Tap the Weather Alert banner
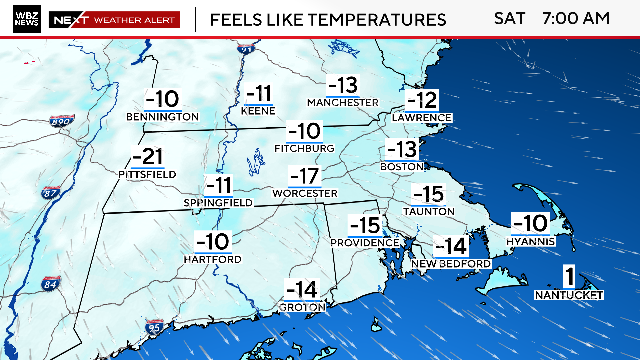coord(114,19)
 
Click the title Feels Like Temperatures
coord(322,19)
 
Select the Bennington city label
coord(162,117)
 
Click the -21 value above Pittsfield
coord(147,156)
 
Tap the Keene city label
coord(258,112)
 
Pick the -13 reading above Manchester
coord(341,85)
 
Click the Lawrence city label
coord(421,118)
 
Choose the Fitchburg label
coord(304,148)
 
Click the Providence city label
coord(364,243)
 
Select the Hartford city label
coord(212,259)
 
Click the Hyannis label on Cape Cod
coord(530,240)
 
